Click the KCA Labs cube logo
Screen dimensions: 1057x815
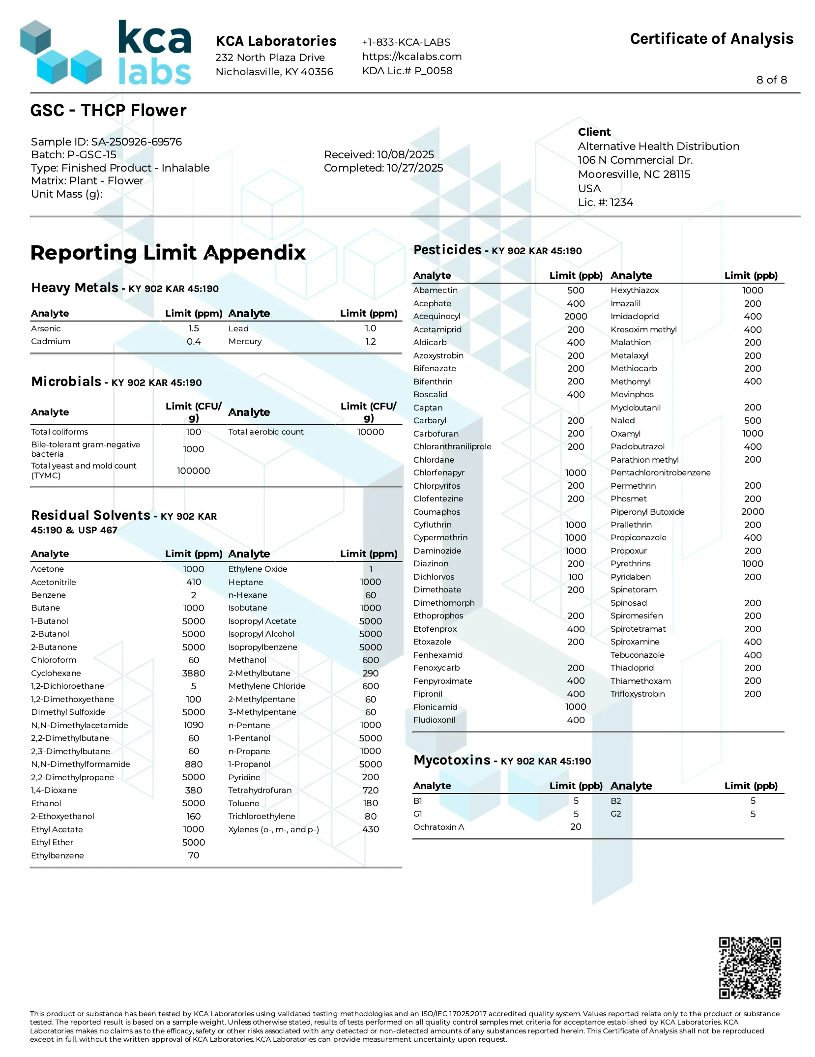coord(61,52)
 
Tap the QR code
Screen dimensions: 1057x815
coord(750,968)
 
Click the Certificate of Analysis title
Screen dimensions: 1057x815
coord(711,39)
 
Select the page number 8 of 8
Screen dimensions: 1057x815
coord(771,80)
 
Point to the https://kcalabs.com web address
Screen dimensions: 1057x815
coord(411,57)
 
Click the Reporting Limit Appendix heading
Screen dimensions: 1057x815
coord(168,253)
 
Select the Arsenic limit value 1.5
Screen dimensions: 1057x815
coord(194,328)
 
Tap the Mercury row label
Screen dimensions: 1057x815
coord(245,341)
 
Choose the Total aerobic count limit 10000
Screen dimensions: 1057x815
coord(370,432)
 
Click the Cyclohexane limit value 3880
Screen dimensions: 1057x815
coord(194,673)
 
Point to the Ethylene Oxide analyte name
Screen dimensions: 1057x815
coord(258,569)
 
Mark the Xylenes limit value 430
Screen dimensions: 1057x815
coord(370,829)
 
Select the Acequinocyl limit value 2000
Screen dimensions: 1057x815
coord(576,317)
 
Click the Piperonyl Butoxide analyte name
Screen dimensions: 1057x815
coord(647,512)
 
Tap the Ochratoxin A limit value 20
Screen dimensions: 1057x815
coord(576,827)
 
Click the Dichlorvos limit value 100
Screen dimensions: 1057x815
coord(576,577)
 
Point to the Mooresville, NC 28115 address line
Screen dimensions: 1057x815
coord(634,174)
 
